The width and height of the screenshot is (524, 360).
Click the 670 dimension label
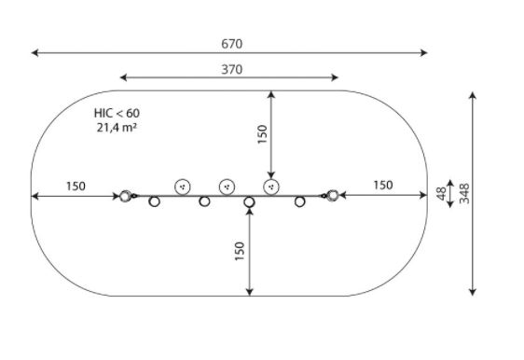click(x=231, y=44)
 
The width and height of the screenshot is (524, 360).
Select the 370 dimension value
click(x=231, y=70)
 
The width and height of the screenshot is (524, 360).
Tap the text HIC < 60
click(x=117, y=113)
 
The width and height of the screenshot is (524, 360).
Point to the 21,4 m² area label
click(x=117, y=128)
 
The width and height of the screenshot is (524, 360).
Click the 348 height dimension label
click(x=464, y=193)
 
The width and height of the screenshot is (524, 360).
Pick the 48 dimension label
click(x=441, y=194)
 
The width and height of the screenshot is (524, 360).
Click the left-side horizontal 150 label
click(x=76, y=187)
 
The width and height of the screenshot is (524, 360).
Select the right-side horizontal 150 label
click(x=383, y=186)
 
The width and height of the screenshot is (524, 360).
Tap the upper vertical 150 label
click(x=262, y=134)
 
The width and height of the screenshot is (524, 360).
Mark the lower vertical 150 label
click(x=240, y=251)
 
